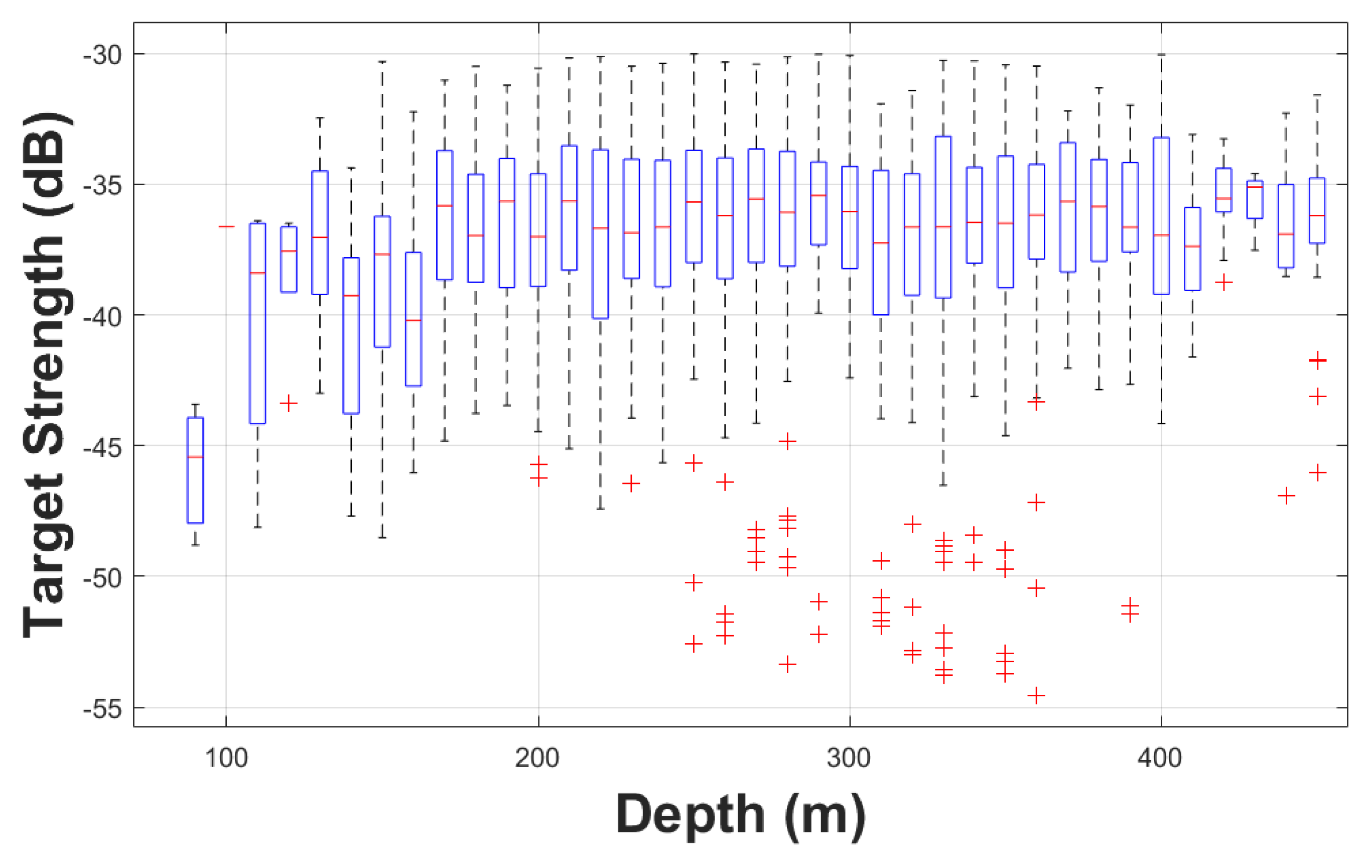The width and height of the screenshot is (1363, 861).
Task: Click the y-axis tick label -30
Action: click(x=102, y=55)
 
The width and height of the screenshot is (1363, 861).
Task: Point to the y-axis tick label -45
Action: click(x=102, y=447)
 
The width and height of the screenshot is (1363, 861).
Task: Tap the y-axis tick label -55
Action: click(x=102, y=709)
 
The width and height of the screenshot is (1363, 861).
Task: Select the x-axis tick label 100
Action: click(x=226, y=758)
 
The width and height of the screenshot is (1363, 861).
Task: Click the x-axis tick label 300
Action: click(x=849, y=758)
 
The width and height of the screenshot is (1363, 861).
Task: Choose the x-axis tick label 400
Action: click(x=1160, y=758)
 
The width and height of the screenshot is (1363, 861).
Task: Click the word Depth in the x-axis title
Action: click(x=691, y=815)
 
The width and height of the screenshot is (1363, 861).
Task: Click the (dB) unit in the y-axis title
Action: click(x=48, y=164)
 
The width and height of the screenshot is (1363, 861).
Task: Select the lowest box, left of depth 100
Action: click(x=195, y=470)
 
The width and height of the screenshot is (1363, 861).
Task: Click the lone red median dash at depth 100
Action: click(x=226, y=226)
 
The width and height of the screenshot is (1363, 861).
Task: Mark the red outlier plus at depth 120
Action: click(x=289, y=404)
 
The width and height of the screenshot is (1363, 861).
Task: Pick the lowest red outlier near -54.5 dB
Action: click(x=1036, y=695)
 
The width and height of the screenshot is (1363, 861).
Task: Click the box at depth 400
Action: click(x=1161, y=215)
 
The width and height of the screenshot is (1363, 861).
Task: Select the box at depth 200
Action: click(x=538, y=229)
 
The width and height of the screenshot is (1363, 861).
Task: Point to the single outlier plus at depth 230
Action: click(x=631, y=483)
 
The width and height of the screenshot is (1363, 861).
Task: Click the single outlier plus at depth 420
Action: click(x=1224, y=282)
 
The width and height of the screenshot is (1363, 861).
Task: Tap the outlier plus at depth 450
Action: click(x=1287, y=496)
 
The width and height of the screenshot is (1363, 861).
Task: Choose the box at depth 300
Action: click(x=850, y=217)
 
